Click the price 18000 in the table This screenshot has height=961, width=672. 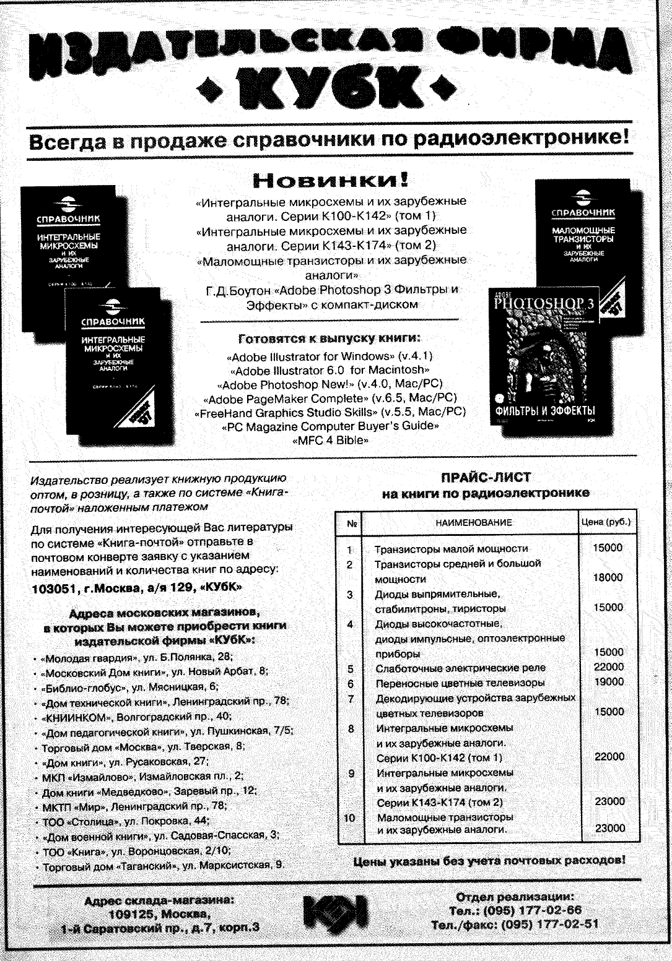coord(608,578)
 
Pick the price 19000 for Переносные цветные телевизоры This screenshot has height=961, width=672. coord(609,682)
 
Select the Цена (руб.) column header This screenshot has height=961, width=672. coord(606,522)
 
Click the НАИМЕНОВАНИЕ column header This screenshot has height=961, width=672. coord(473,523)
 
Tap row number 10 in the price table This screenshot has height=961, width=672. coord(350,818)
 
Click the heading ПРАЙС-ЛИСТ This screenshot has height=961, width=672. coord(486,477)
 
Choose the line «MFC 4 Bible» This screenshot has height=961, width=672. coord(330,441)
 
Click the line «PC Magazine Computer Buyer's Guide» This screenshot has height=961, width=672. coord(330,427)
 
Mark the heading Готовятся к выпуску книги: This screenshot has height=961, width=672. coord(330,338)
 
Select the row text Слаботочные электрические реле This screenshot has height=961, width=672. coord(461,668)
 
